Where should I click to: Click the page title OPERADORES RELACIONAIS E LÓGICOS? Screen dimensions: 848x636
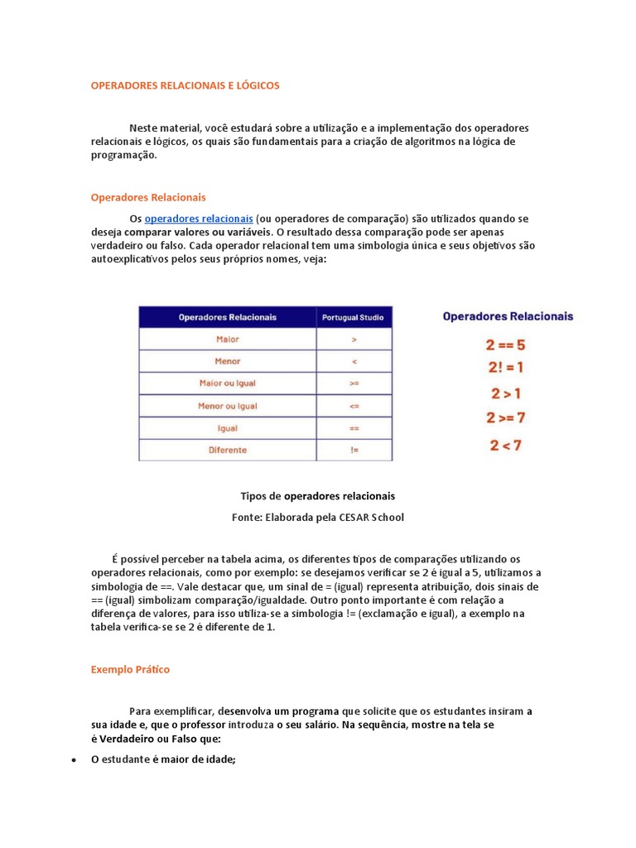[x=185, y=85]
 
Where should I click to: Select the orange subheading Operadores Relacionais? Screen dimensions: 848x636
[x=148, y=197]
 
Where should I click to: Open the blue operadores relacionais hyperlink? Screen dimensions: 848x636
[x=199, y=219]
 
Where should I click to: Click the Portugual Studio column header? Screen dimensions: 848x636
[x=354, y=317]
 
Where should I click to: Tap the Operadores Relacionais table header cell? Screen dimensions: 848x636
[x=228, y=317]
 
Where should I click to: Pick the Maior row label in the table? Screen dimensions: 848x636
[x=228, y=340]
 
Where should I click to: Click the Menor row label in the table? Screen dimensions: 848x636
[x=228, y=361]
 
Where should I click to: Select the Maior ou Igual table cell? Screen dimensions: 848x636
[x=228, y=383]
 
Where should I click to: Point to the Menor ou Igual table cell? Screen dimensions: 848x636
[x=228, y=406]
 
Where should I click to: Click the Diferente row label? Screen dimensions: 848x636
[x=228, y=450]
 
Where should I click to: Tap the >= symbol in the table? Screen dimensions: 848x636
[x=354, y=383]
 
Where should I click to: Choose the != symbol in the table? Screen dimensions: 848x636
[x=354, y=450]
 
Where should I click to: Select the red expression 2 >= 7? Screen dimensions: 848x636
[x=505, y=417]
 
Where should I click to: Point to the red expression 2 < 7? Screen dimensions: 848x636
[x=505, y=446]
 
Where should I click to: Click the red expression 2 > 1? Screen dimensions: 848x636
[x=505, y=393]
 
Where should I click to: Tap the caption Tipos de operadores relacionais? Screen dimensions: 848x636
[x=317, y=496]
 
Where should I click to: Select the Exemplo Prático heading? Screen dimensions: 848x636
[x=130, y=669]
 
